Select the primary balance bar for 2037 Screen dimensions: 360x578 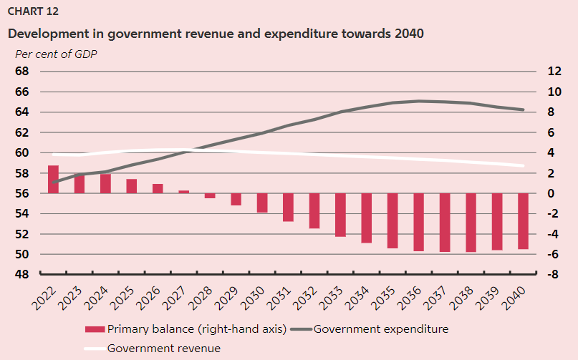click(444, 223)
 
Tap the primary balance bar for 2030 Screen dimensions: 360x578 click(262, 203)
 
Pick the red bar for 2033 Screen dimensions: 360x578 click(340, 215)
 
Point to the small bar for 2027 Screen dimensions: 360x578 click(183, 192)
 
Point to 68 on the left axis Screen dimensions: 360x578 click(21, 72)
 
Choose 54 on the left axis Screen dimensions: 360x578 click(21, 214)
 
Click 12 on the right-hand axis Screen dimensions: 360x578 click(554, 72)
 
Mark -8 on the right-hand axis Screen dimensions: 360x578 click(554, 275)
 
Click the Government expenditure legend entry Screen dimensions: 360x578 click(380, 329)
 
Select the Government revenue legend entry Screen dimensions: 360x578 click(164, 349)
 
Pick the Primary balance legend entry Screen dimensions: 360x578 click(196, 329)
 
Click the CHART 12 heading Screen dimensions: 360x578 click(34, 12)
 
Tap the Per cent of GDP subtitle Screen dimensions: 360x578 click(57, 54)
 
